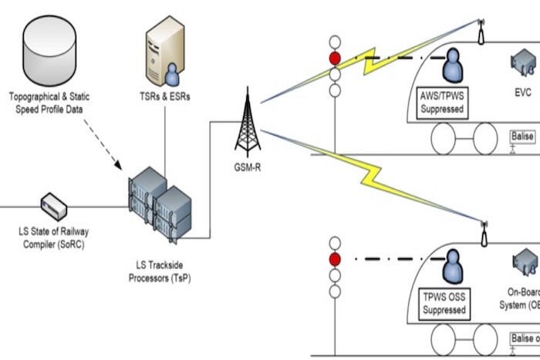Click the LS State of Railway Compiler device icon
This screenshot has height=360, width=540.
click(x=54, y=205)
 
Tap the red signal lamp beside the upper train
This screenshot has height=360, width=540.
click(x=335, y=58)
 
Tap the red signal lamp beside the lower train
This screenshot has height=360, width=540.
click(x=335, y=260)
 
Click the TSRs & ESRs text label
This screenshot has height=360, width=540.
click(x=165, y=97)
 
